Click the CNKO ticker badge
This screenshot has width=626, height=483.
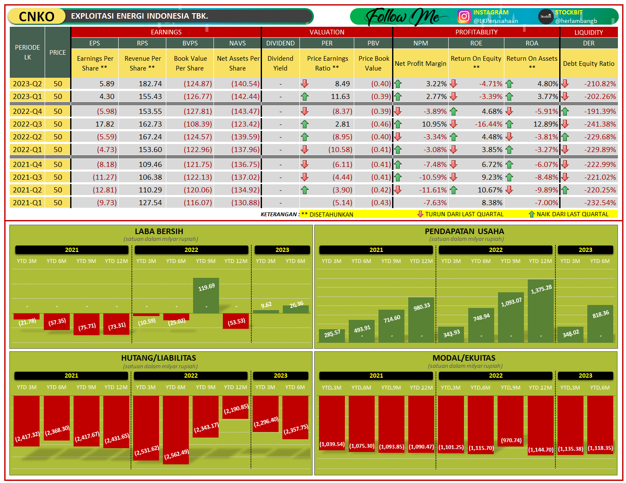tap(37, 17)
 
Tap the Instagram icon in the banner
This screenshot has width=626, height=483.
tap(464, 17)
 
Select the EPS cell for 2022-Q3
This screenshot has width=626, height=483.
tap(95, 124)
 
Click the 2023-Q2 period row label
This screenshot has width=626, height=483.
tap(27, 84)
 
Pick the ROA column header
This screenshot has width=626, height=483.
tap(532, 43)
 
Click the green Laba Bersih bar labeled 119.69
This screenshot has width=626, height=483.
tap(206, 296)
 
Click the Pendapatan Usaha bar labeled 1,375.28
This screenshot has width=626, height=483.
tap(541, 311)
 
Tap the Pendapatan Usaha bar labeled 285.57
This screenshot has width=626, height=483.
tap(332, 335)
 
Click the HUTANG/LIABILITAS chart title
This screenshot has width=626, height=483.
tap(159, 358)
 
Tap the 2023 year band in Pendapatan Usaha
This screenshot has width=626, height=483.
tap(585, 250)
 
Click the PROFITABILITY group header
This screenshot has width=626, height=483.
tap(476, 32)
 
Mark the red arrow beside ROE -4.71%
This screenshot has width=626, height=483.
tap(453, 84)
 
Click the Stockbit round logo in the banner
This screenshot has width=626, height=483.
tap(545, 17)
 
